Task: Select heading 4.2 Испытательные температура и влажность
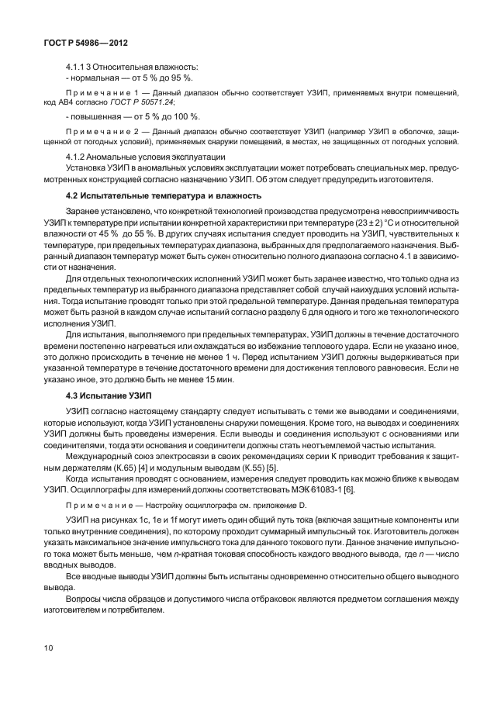tap(164, 195)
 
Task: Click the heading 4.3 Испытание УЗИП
tap(109, 395)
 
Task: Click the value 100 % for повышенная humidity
tap(185, 116)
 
